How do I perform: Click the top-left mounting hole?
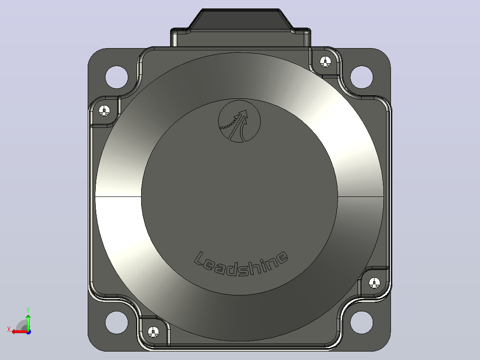(117, 77)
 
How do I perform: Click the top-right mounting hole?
(362, 77)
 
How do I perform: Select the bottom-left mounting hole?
(117, 322)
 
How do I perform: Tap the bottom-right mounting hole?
(362, 322)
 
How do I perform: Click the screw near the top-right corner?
(325, 62)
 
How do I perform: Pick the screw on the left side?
(104, 110)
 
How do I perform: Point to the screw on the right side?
(374, 283)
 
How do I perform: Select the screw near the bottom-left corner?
(153, 332)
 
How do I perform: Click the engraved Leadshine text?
(241, 263)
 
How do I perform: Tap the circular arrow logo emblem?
(240, 121)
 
